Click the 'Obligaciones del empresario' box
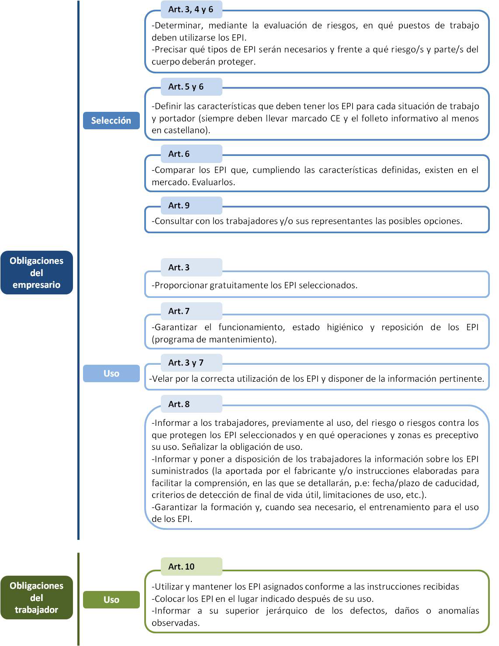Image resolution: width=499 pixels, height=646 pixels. [37, 273]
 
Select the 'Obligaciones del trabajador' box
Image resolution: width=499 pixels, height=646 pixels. [37, 598]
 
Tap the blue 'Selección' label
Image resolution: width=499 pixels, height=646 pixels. [111, 121]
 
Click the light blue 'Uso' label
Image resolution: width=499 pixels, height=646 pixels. [111, 373]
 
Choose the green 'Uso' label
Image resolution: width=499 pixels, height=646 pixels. [111, 600]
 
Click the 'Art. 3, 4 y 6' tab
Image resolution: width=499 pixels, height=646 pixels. [191, 9]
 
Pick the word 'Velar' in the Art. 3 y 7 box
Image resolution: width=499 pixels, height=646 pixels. [162, 379]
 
